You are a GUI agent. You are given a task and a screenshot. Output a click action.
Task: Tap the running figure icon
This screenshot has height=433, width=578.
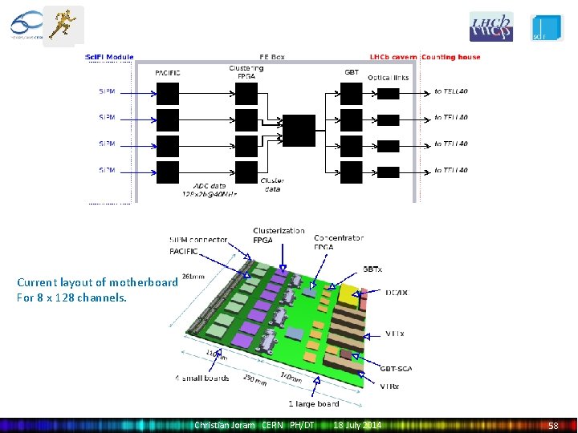point(63,25)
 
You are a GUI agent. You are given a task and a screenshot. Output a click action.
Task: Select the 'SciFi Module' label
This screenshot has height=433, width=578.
point(110,57)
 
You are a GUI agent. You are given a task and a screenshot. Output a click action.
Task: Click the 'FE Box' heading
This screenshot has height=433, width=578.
point(271,57)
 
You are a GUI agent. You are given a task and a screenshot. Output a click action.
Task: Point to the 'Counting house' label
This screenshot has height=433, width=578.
point(450,57)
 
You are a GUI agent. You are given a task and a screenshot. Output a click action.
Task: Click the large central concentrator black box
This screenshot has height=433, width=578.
point(299,131)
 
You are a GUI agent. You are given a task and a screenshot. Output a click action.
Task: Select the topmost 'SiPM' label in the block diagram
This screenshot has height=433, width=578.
point(107,91)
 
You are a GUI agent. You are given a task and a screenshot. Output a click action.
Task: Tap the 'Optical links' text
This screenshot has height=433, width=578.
point(389,78)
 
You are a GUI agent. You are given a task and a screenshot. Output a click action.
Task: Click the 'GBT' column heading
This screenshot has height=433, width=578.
point(352,72)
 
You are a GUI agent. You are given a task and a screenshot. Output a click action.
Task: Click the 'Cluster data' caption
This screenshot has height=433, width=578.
point(272,185)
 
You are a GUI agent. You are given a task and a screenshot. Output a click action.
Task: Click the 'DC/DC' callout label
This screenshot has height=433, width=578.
point(397,293)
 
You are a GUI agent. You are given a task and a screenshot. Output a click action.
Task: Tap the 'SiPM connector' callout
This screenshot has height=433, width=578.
point(198,240)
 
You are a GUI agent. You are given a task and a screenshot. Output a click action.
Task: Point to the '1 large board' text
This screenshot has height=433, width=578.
point(313,403)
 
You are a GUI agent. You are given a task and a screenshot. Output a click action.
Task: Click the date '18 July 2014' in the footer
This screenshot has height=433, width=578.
point(358,424)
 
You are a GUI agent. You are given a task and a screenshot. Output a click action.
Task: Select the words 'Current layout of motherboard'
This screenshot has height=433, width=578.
point(97,282)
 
